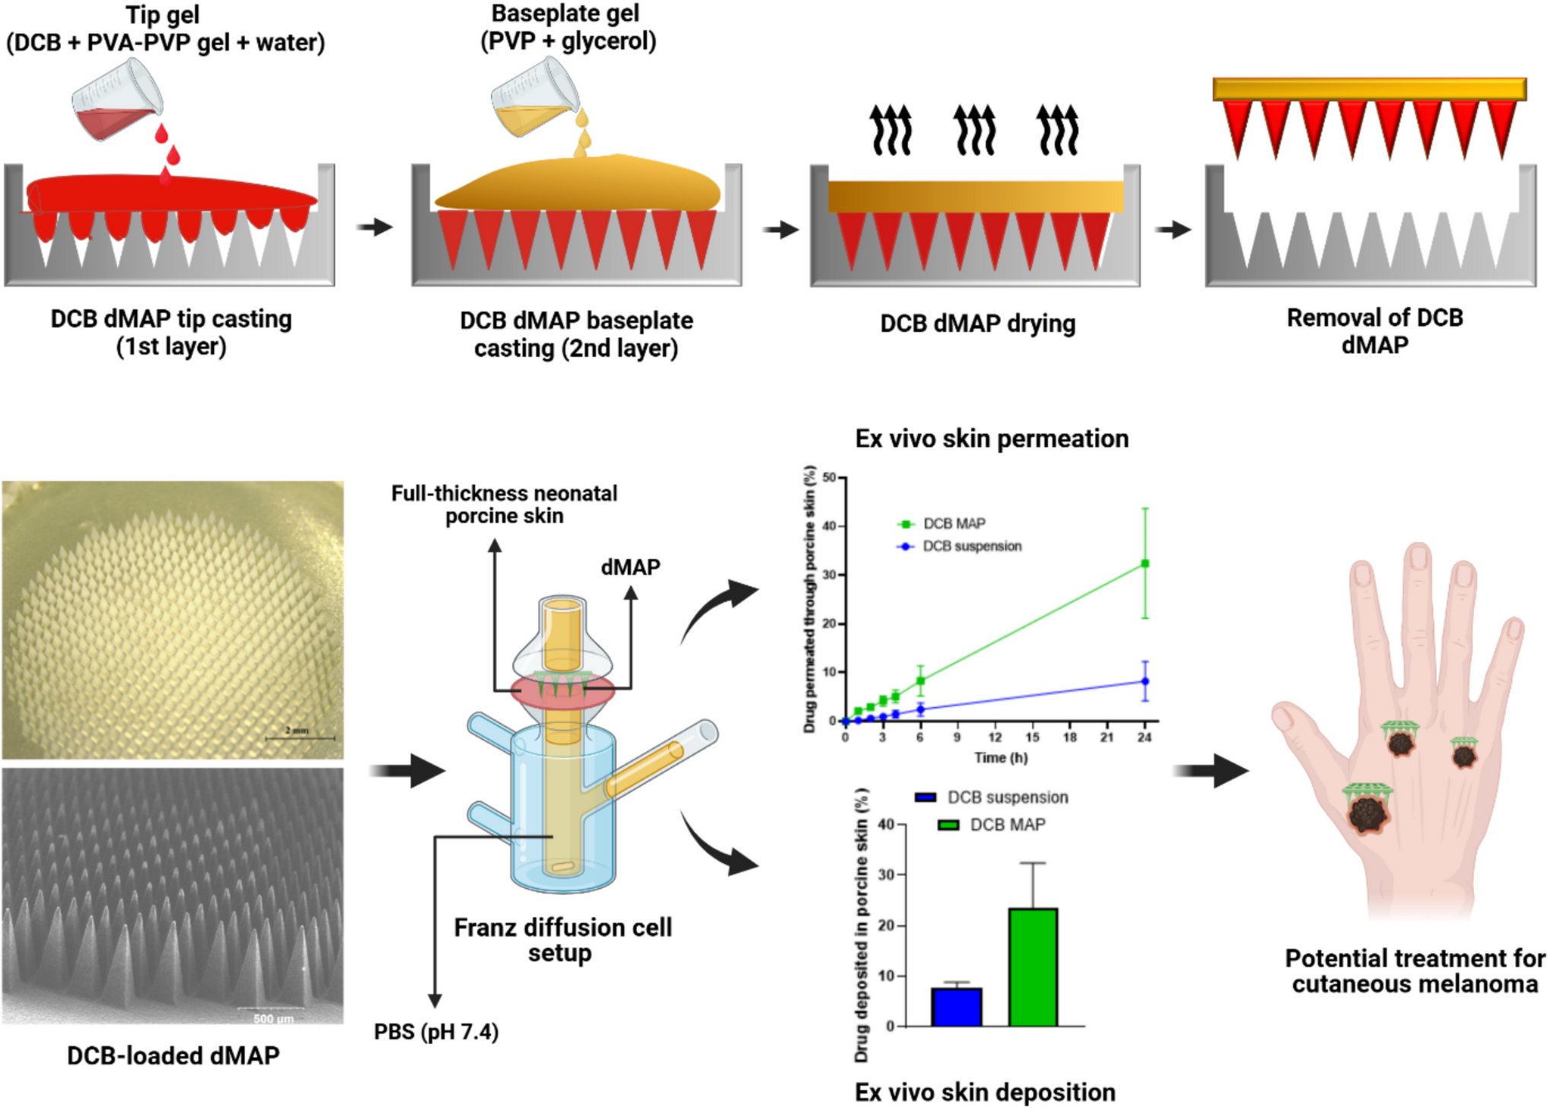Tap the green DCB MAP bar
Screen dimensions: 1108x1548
1033,966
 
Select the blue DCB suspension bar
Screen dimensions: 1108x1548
956,1006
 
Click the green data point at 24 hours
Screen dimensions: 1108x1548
1145,564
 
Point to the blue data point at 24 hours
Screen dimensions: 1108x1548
1145,681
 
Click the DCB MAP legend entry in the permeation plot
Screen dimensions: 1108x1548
944,524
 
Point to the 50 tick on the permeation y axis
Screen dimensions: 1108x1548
830,478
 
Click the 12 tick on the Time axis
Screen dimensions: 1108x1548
995,737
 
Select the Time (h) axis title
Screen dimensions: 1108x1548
1001,758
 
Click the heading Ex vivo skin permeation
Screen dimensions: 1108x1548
992,439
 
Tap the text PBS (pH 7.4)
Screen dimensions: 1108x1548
436,1032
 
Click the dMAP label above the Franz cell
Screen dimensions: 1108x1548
630,567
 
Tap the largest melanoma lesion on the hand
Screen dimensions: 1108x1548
1368,813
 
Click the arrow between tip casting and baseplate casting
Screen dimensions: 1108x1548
374,227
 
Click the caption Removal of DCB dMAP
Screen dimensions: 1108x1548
1374,331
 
